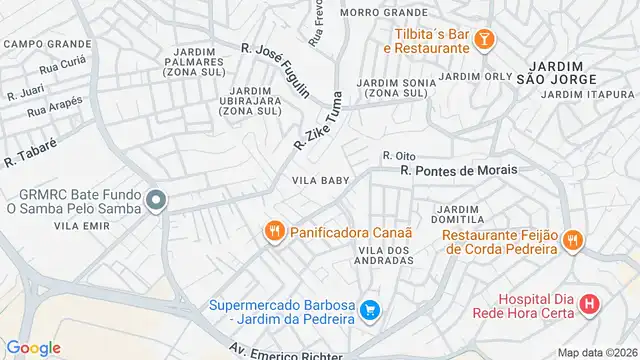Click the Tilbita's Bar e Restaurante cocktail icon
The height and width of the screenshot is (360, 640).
tap(484, 39)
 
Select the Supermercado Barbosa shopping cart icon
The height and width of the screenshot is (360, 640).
tap(370, 311)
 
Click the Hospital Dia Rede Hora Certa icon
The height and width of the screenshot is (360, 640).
tap(590, 303)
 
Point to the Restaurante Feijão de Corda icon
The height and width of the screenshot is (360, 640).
tap(573, 240)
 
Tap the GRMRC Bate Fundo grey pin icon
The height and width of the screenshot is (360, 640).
tap(155, 201)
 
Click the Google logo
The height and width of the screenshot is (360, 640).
tap(33, 347)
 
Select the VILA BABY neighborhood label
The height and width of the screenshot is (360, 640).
tap(320, 181)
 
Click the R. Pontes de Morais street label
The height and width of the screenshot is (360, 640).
tap(459, 170)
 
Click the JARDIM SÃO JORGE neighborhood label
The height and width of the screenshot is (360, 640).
tap(558, 70)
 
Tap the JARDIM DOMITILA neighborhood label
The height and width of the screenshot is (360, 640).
tap(457, 213)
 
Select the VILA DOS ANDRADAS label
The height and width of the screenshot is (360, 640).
tap(385, 254)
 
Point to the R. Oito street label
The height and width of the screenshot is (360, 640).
tap(398, 155)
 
